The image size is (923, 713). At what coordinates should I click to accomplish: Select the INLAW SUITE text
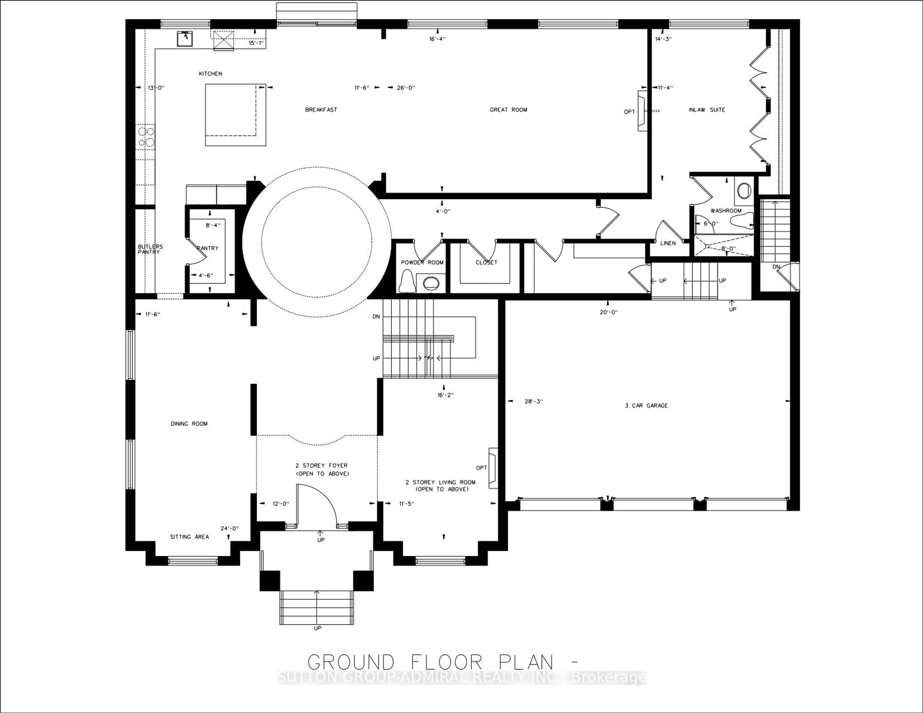tap(707, 110)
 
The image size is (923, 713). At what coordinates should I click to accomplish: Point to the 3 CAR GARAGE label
tap(646, 406)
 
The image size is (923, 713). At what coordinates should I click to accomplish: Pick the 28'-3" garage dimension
tap(533, 402)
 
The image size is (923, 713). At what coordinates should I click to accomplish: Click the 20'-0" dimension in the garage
tap(609, 312)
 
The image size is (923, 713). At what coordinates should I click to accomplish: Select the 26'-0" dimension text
tap(406, 88)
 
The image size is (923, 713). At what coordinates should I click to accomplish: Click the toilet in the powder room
tap(407, 281)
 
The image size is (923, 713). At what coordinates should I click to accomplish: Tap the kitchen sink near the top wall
tap(185, 38)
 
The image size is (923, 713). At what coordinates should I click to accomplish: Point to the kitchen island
tap(235, 115)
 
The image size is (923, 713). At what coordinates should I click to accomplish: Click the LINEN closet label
tap(668, 243)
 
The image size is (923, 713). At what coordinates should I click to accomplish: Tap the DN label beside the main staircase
tap(376, 316)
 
